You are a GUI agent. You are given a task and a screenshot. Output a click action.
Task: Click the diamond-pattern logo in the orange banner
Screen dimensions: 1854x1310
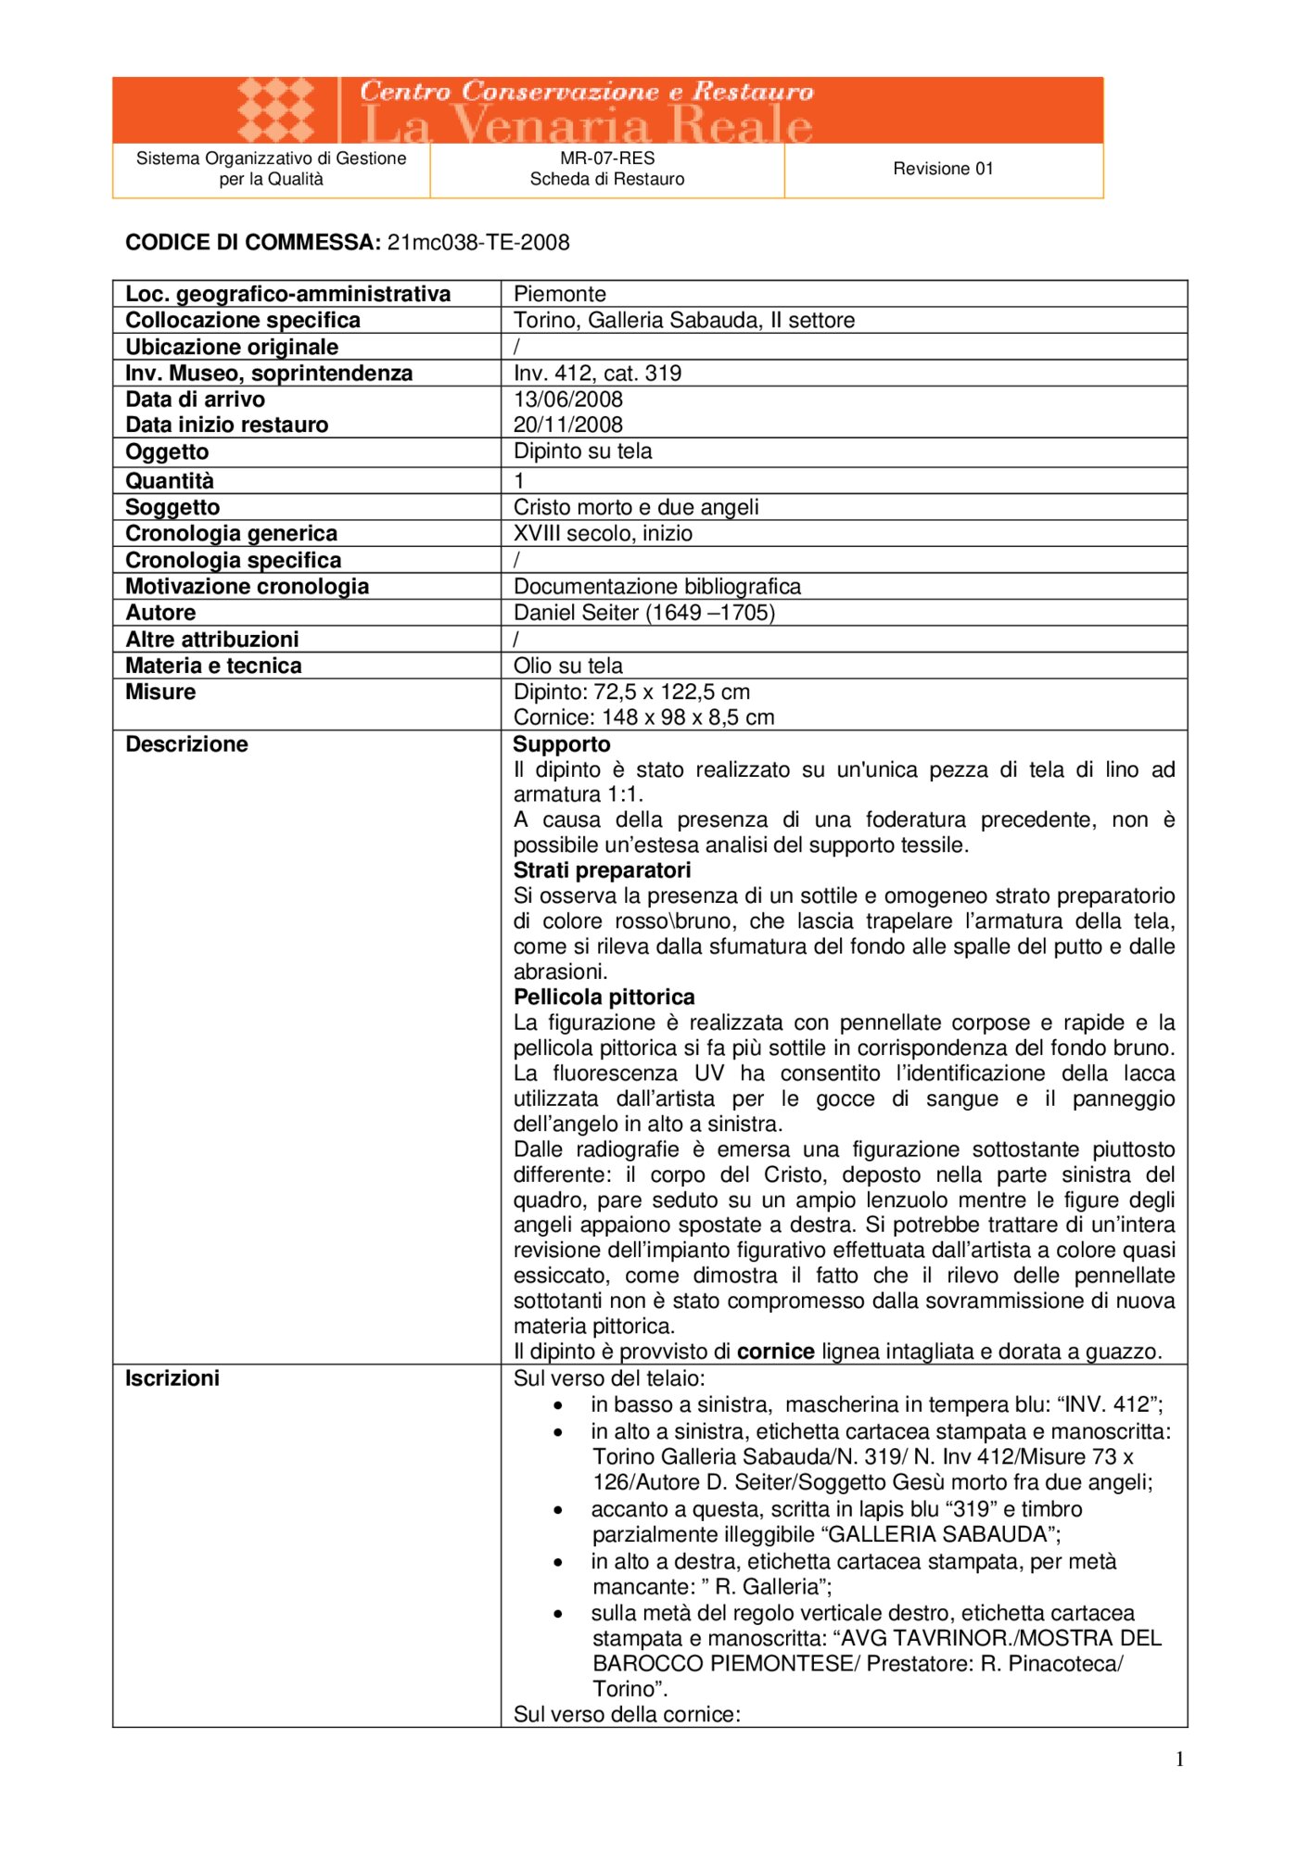275,109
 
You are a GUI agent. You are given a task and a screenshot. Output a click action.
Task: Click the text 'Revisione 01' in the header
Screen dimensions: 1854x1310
943,169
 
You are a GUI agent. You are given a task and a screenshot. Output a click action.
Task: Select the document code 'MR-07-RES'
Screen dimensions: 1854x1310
607,159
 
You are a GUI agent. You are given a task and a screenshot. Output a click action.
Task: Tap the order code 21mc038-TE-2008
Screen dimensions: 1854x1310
478,243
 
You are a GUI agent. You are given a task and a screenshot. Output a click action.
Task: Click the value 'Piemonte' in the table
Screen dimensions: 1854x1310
560,294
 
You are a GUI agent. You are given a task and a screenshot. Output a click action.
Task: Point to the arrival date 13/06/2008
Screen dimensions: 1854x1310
568,400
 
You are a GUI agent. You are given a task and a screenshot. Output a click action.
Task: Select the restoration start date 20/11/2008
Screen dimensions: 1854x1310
568,425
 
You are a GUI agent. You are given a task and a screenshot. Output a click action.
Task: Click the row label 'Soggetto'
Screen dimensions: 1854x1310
172,507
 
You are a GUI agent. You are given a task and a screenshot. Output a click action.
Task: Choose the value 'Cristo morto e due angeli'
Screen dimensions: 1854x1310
636,507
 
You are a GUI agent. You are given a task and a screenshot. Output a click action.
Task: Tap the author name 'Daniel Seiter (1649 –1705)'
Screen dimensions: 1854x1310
644,613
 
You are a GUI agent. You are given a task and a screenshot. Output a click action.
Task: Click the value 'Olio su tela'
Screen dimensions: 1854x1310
568,666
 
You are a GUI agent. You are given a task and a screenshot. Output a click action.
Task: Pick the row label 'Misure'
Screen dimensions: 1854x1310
160,692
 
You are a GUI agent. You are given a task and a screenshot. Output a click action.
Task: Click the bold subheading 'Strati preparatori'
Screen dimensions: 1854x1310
603,870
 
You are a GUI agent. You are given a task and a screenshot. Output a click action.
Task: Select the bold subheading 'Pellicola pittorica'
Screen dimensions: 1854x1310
604,997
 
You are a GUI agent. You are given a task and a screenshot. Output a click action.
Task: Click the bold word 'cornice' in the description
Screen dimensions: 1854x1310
776,1352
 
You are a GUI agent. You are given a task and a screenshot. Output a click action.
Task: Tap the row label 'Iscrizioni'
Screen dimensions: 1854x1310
172,1378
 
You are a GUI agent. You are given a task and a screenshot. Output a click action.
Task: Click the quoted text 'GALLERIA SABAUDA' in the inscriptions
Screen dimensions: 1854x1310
940,1534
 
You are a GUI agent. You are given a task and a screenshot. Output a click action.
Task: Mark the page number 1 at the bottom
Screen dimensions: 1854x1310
1179,1759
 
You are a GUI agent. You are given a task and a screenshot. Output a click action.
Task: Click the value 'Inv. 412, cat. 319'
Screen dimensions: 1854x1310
598,374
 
